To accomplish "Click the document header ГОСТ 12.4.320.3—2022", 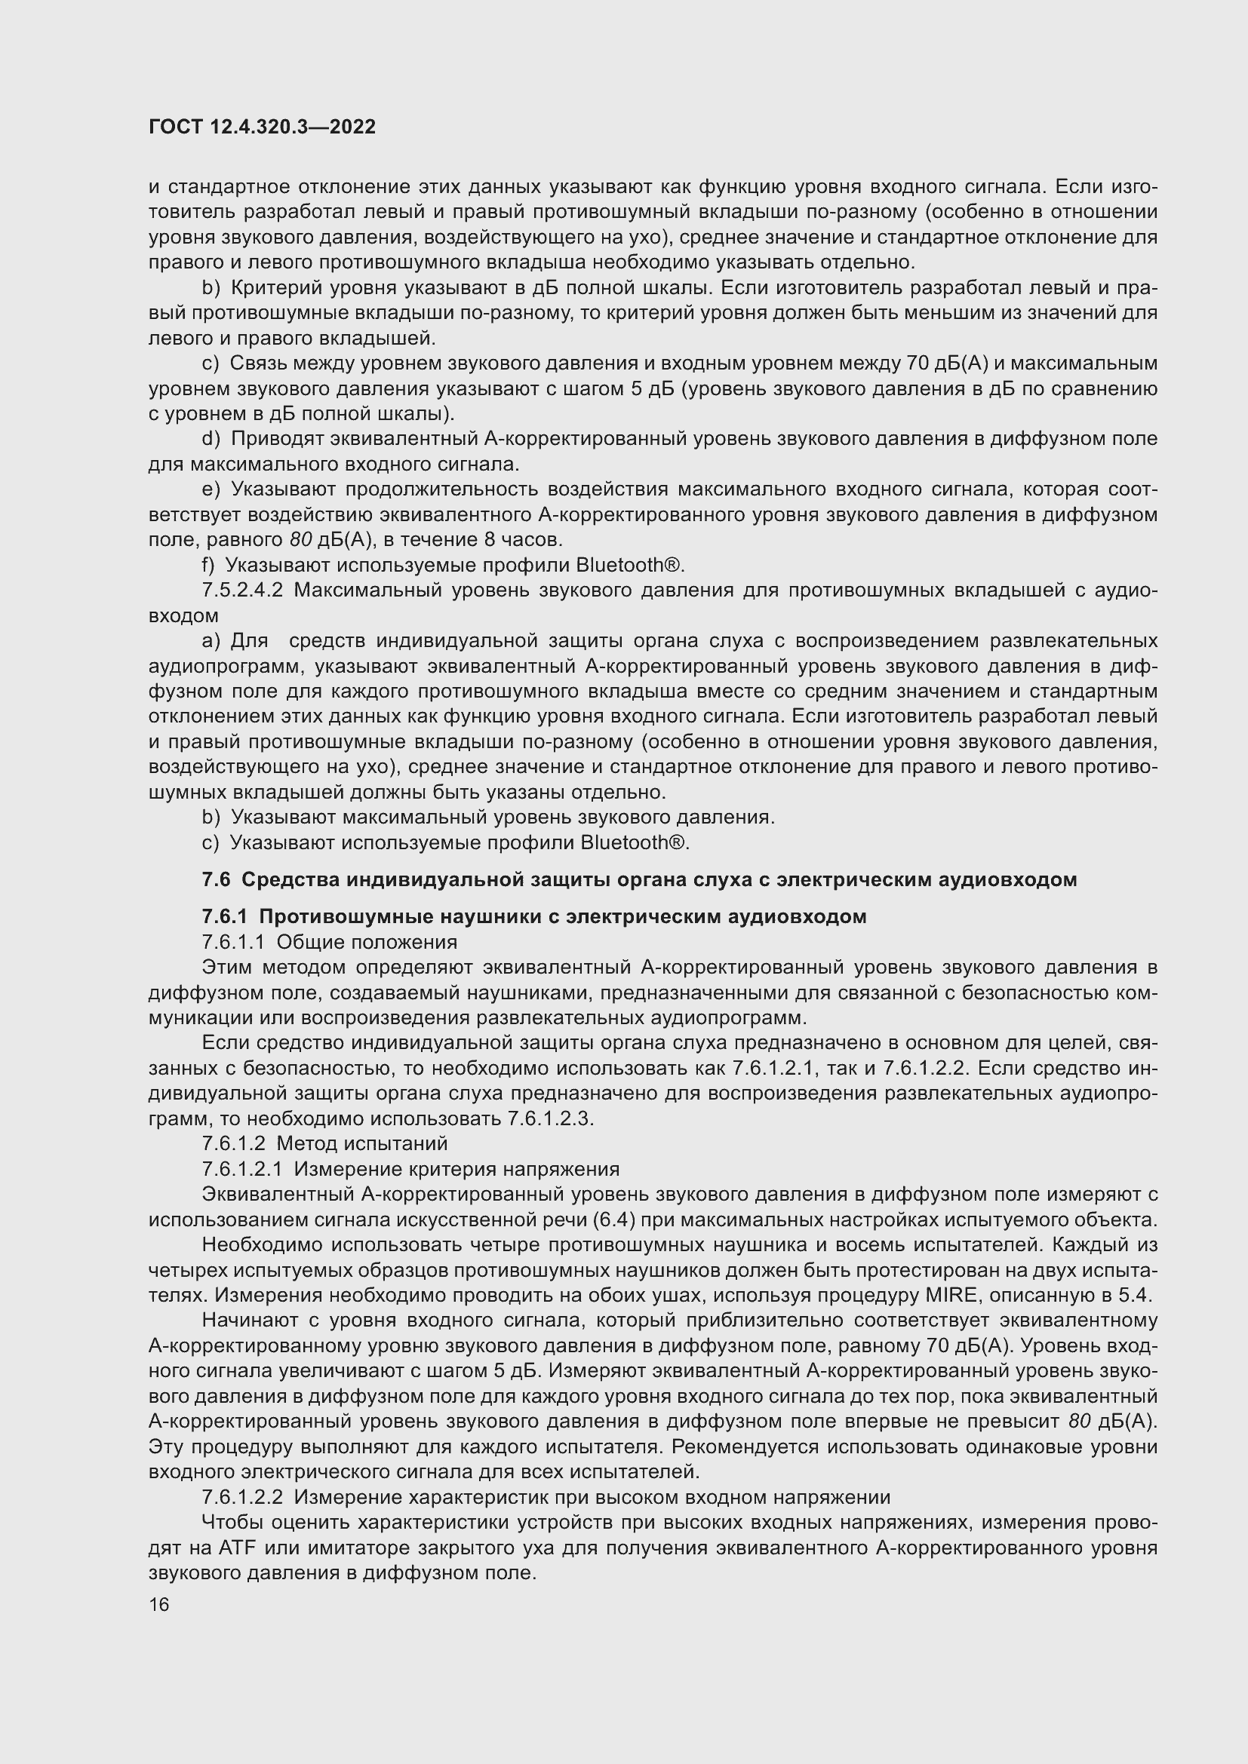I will tap(262, 127).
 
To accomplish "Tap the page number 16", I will tap(159, 1604).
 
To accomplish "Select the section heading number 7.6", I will tap(216, 879).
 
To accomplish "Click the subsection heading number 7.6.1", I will tap(224, 916).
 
